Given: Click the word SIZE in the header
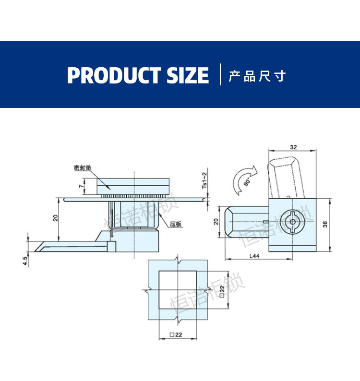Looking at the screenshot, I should coord(188,75).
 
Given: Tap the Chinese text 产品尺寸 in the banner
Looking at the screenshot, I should coord(257,76).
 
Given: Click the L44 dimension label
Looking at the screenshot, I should coord(255,257).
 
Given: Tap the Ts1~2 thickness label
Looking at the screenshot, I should coord(204,180).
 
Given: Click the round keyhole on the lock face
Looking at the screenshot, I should coord(292,222).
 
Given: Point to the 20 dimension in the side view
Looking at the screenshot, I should coord(56,217).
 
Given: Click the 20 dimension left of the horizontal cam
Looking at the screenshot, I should coord(216,221).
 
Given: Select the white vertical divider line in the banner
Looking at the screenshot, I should coord(220,75).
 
